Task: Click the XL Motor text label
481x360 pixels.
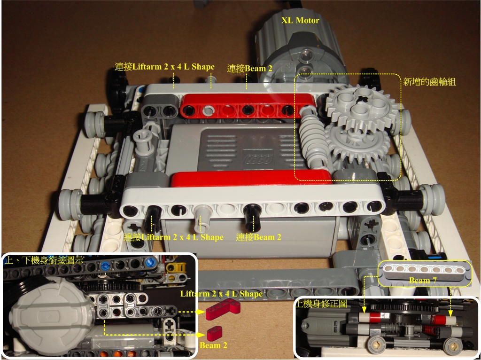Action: coord(300,20)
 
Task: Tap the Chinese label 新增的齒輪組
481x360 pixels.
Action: coord(430,81)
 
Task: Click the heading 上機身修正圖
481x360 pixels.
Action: coord(322,304)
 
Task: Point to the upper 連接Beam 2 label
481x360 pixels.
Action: coord(249,68)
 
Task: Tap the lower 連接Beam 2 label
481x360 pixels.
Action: coord(258,237)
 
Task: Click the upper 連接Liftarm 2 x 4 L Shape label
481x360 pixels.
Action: coord(164,66)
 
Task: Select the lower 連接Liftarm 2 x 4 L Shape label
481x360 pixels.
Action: coord(173,237)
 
